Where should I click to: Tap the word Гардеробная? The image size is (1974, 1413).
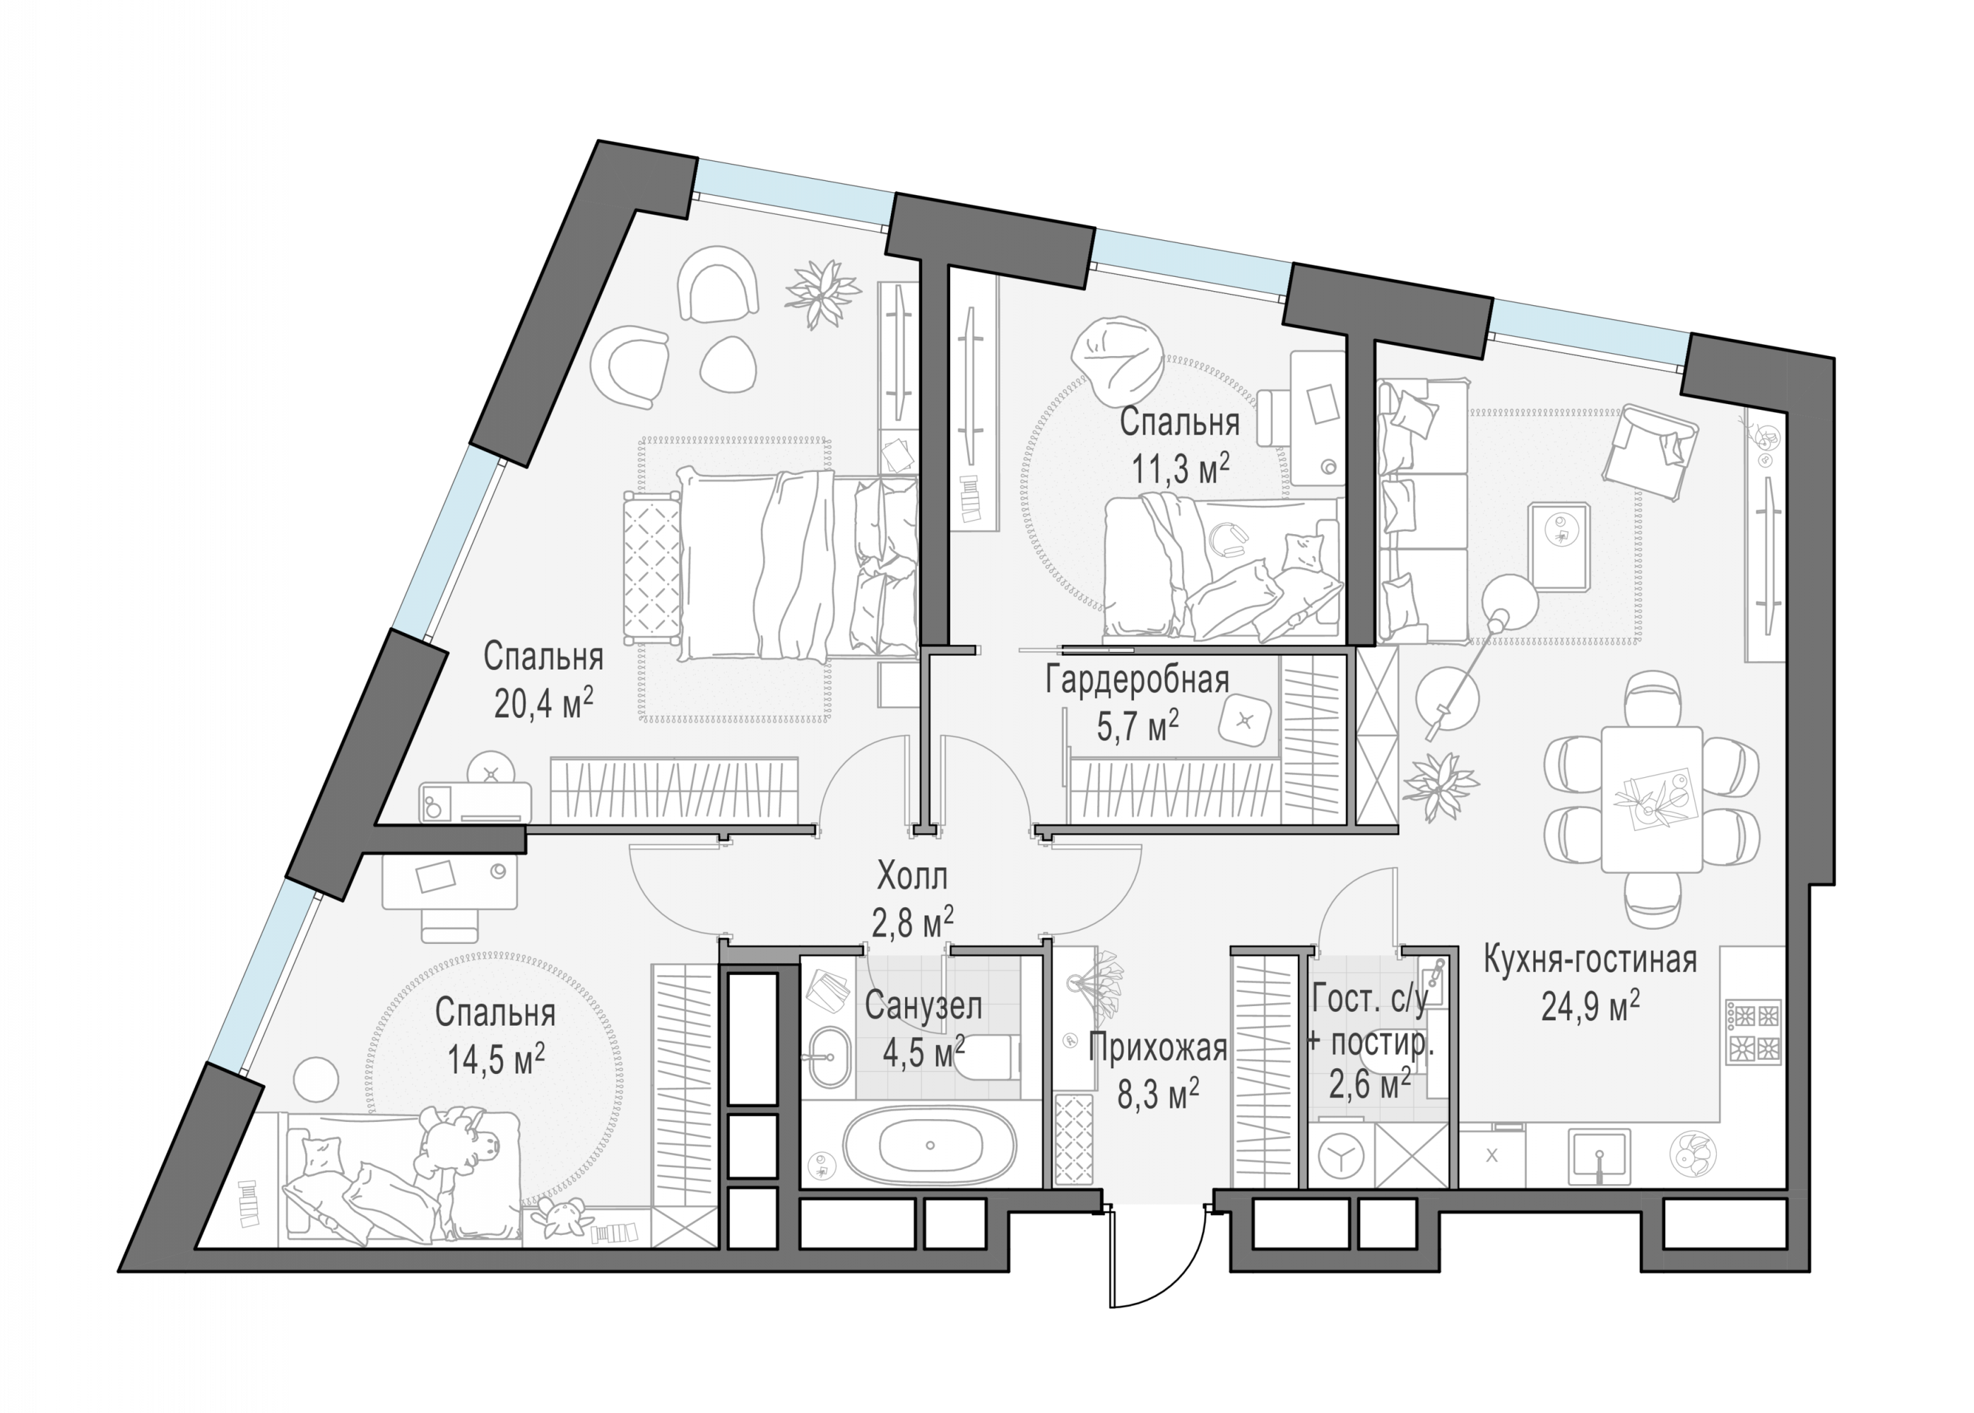pos(1137,680)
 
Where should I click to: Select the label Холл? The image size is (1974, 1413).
pos(911,876)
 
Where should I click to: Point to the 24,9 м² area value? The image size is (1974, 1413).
pos(1590,1007)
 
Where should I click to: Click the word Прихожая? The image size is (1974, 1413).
pos(1158,1048)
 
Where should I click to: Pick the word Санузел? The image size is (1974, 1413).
pos(923,1006)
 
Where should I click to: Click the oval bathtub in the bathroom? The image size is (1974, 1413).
pos(929,1145)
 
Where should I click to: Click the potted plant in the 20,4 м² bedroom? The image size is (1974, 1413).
pos(822,294)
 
